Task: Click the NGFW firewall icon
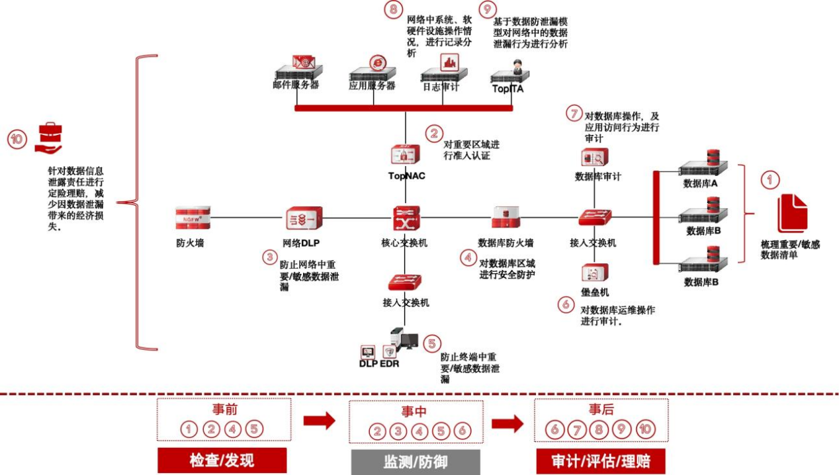click(193, 218)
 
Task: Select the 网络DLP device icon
click(304, 218)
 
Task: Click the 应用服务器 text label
click(373, 86)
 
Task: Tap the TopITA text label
click(508, 89)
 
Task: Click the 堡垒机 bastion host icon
click(595, 273)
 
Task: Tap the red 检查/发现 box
click(222, 460)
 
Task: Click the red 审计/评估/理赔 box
click(599, 460)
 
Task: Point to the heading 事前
click(224, 410)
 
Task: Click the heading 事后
click(601, 410)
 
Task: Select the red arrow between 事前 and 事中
click(319, 421)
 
